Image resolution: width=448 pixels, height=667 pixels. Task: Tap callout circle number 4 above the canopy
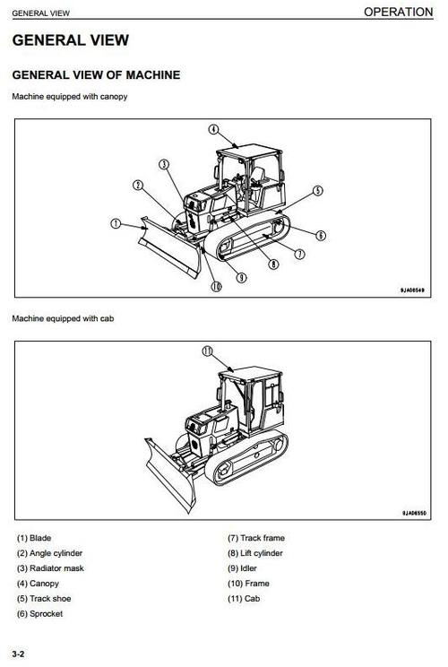(x=213, y=129)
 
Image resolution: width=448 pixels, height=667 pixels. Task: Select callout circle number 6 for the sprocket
(x=321, y=235)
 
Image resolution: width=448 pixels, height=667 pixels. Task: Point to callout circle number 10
(x=216, y=287)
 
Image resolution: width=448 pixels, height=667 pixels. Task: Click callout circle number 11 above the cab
(x=207, y=351)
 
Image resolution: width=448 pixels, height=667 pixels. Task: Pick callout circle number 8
(x=273, y=264)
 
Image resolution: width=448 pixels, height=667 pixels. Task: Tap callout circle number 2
(x=138, y=186)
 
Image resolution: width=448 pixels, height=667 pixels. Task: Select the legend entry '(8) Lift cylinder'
(x=255, y=553)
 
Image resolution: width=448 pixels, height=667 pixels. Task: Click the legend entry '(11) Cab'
(x=245, y=598)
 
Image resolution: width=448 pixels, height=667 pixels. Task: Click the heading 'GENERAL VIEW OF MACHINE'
(x=96, y=75)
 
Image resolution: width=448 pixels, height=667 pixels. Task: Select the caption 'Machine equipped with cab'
(x=63, y=318)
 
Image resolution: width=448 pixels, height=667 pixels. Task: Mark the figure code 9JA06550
(x=411, y=513)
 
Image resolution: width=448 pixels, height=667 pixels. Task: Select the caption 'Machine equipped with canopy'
(x=69, y=96)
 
